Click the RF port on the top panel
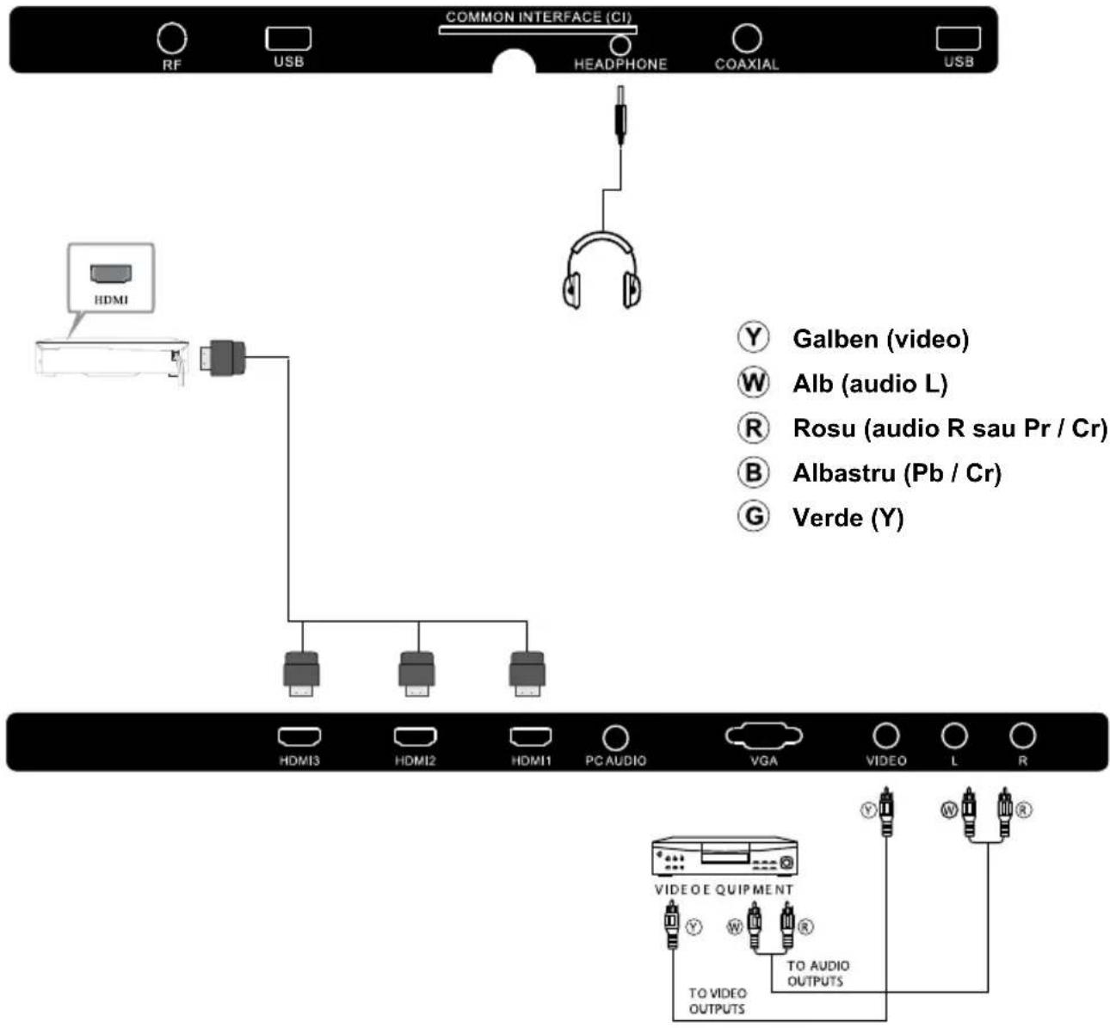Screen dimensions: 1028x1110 point(171,38)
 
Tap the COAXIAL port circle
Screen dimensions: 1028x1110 point(746,38)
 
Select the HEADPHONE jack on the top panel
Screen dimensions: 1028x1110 point(620,45)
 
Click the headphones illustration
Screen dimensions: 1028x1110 point(602,270)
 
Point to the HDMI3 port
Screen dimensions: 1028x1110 point(299,737)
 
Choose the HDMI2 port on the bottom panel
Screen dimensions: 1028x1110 point(415,737)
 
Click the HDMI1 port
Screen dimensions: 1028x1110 point(530,737)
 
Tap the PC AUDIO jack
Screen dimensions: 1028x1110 point(615,737)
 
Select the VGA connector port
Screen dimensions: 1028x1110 point(763,736)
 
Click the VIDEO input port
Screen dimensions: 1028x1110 point(885,736)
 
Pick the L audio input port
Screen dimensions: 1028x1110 point(953,736)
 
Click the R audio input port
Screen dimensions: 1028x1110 point(1022,736)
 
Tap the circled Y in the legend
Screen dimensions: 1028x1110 point(753,337)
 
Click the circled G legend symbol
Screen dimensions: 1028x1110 point(753,516)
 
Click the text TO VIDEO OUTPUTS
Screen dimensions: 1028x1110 point(717,1000)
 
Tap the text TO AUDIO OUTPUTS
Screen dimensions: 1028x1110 point(817,973)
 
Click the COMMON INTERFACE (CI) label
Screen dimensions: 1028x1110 point(538,17)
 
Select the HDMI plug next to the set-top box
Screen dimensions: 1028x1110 point(224,356)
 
